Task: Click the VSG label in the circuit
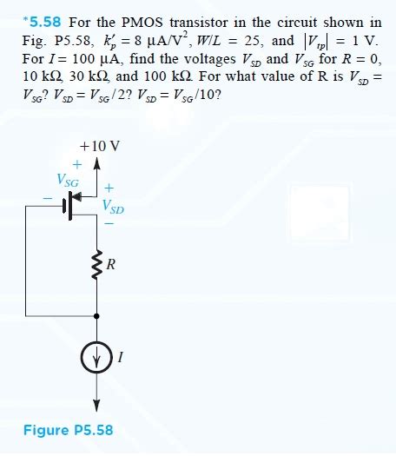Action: point(67,182)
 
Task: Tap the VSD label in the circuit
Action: point(113,207)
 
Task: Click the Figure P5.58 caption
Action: point(68,430)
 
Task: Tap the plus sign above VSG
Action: point(77,163)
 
